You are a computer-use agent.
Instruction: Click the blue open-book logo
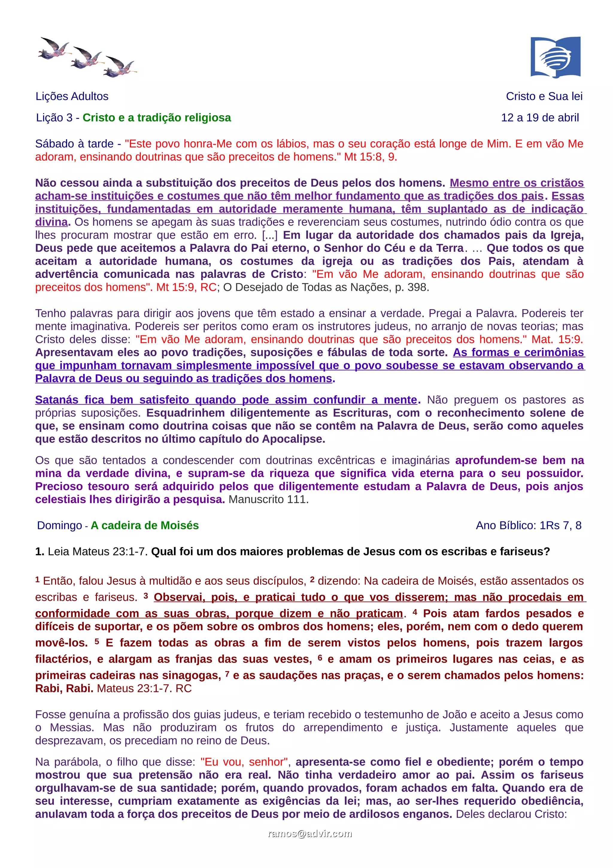(555, 57)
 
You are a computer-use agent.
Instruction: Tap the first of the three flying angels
(54, 49)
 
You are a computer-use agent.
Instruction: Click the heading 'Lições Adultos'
(72, 96)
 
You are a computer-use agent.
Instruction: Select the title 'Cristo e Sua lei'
(544, 96)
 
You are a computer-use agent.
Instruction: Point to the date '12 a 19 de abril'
(540, 118)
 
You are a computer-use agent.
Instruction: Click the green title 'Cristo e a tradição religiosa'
(157, 118)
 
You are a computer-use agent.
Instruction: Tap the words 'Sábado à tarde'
(74, 144)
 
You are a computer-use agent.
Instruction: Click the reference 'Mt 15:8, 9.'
(371, 157)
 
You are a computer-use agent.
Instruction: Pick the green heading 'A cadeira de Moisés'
(145, 525)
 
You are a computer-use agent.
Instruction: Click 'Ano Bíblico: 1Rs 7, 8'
(528, 525)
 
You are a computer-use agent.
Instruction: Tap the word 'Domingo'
(59, 525)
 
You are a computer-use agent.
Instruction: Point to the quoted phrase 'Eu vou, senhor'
(244, 761)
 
